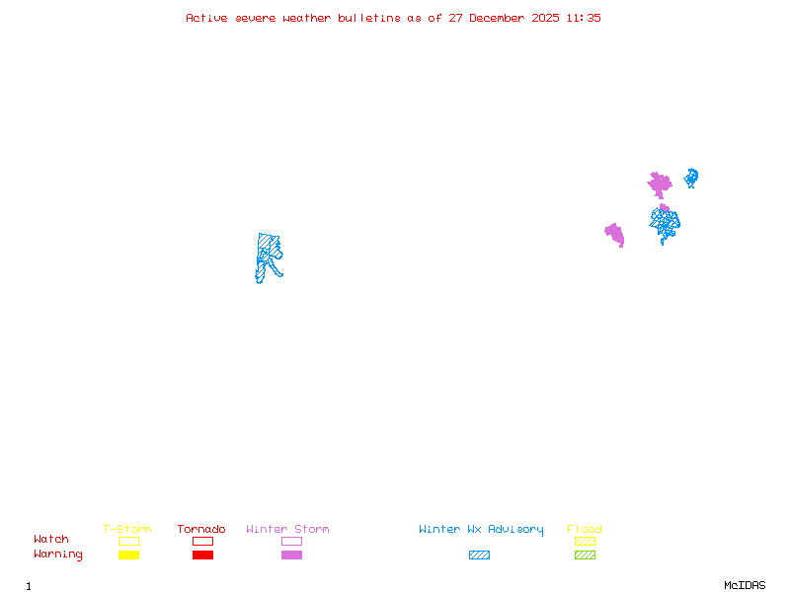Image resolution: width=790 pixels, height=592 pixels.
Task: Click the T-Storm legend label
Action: point(127,530)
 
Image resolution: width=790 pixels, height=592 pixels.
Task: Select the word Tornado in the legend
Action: point(201,530)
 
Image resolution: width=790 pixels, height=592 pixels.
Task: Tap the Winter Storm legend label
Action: point(287,530)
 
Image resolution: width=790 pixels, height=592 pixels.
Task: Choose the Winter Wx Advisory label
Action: point(481,530)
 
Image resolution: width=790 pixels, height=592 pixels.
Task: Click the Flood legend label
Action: point(585,530)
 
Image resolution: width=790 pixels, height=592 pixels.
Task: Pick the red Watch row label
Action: point(51,540)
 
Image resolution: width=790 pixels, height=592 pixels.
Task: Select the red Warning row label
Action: point(58,555)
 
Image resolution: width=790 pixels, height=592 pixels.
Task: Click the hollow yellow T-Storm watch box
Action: point(128,541)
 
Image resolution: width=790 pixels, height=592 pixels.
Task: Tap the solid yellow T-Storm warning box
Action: point(128,555)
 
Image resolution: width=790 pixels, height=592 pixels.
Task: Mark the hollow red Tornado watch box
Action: point(202,541)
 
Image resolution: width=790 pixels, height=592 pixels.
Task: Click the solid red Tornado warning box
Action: point(202,555)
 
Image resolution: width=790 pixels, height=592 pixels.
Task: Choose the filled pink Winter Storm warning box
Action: point(291,555)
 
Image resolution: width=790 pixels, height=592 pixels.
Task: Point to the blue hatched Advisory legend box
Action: point(479,555)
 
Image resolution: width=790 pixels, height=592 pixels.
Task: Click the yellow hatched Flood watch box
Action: point(585,541)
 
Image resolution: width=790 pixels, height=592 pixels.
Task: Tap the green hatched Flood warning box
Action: point(585,555)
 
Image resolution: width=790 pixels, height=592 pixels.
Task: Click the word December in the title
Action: point(502,18)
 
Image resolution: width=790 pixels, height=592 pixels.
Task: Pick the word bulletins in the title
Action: point(369,18)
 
